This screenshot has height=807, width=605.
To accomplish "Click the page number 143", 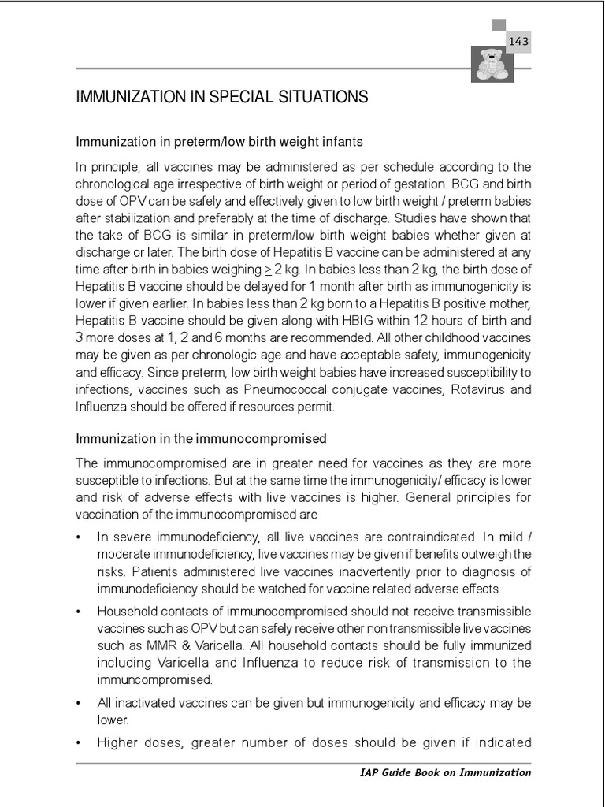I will pos(518,41).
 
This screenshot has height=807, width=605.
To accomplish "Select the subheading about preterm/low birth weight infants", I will pos(219,142).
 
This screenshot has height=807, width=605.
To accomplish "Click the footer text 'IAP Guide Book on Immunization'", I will pos(440,773).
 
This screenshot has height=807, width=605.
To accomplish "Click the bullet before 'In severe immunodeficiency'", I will pos(79,537).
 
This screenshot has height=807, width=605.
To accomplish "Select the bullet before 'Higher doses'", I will pos(79,742).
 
